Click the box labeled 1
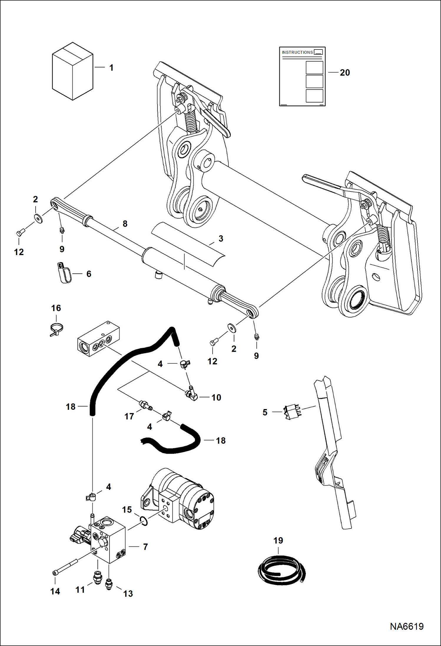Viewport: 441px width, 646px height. click(x=72, y=71)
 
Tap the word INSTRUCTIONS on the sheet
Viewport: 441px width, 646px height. click(x=297, y=52)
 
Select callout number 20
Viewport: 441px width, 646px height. click(x=345, y=73)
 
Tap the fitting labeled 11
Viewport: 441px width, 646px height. click(x=97, y=578)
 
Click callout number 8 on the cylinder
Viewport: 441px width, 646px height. click(x=125, y=224)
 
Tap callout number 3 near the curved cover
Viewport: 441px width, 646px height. click(x=221, y=239)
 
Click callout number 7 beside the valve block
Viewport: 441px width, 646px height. click(x=145, y=547)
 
